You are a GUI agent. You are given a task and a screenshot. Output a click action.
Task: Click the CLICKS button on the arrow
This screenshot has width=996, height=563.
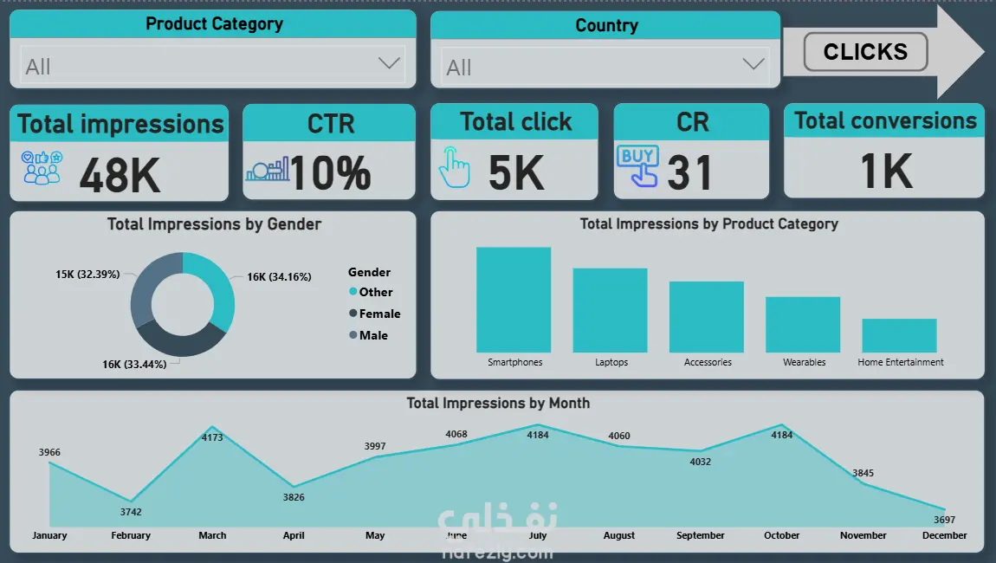pos(865,52)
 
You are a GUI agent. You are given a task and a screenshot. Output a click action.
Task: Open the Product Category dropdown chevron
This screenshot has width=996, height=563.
pos(389,63)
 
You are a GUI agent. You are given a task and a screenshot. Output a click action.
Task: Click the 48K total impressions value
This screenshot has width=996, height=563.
pos(120,175)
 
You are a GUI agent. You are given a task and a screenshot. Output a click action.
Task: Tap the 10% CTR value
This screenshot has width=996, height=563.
pos(330,172)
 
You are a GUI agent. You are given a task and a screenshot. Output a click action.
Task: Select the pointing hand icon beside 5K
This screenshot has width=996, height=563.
pos(454,167)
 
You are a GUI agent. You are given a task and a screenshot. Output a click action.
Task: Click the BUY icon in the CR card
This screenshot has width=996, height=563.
pos(637,167)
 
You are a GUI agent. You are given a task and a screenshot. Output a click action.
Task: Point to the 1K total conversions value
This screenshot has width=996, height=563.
pos(886,171)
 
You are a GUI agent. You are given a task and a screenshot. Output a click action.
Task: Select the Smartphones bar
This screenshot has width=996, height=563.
pos(514,300)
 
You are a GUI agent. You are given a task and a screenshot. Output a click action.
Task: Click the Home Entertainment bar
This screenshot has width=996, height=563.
pos(899,335)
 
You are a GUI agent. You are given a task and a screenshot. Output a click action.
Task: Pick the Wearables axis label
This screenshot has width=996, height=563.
pos(804,362)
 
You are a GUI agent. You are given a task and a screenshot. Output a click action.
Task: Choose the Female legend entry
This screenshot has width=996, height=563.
pos(379,314)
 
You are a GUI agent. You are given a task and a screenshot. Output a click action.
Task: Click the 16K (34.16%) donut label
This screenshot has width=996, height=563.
pos(279,277)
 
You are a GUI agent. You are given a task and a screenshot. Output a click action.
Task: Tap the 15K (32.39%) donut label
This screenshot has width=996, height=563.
pos(87,274)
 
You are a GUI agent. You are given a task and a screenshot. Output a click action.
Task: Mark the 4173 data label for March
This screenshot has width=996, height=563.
pos(212,437)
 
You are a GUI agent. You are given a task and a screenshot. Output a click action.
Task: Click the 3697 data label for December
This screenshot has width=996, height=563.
pos(944,520)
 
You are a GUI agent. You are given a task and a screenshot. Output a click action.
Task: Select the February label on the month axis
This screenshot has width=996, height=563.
pos(131,535)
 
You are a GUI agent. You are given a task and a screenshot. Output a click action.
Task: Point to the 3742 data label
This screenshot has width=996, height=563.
pos(131,512)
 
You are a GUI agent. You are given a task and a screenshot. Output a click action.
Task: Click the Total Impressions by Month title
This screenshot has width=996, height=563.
pos(498,403)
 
